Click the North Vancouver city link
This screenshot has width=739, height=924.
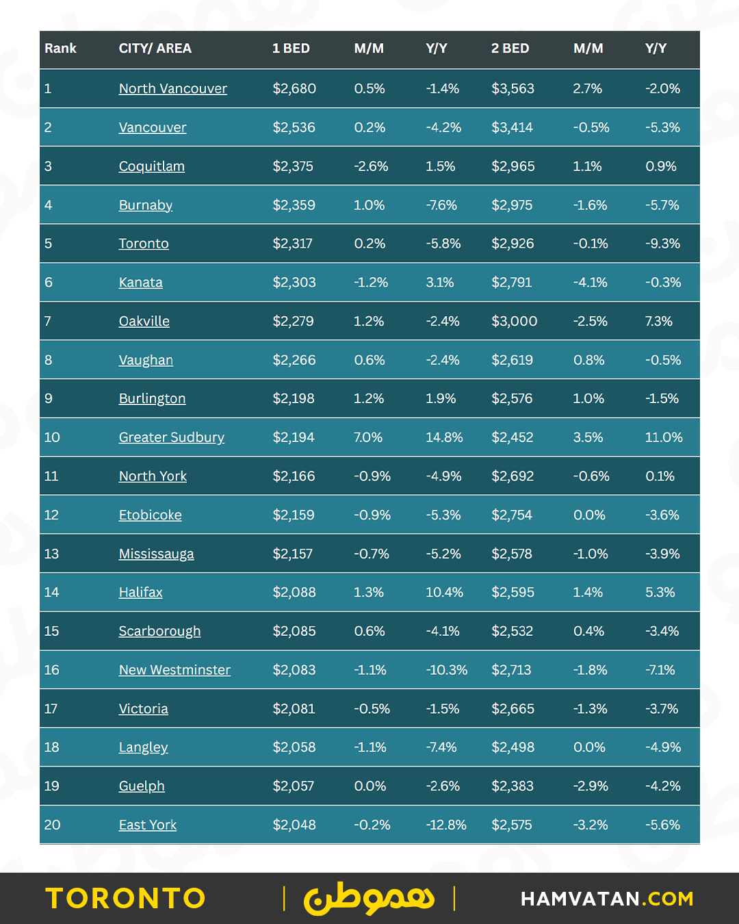tap(172, 88)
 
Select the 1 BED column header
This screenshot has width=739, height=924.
tap(291, 49)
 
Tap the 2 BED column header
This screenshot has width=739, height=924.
tap(510, 49)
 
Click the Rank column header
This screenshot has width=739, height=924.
tap(60, 49)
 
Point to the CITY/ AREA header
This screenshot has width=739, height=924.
tap(155, 49)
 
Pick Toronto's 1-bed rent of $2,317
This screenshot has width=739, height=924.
tap(292, 244)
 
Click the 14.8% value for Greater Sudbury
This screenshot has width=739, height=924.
tap(444, 437)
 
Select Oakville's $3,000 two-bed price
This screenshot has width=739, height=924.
tap(514, 321)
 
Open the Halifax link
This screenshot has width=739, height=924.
tap(140, 592)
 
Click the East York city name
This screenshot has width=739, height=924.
tap(147, 825)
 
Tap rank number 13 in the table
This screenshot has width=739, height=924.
tap(51, 554)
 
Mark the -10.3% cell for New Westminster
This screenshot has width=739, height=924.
tap(446, 670)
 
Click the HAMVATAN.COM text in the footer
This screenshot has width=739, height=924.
tap(607, 899)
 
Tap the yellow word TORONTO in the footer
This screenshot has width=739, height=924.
tap(125, 899)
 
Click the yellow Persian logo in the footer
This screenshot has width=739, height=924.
tap(369, 899)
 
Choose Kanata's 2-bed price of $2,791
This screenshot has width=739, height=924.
tap(511, 282)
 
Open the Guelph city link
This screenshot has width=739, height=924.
tap(142, 786)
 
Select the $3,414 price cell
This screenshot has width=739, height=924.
tap(512, 127)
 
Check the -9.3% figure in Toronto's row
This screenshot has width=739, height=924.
tap(662, 244)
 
